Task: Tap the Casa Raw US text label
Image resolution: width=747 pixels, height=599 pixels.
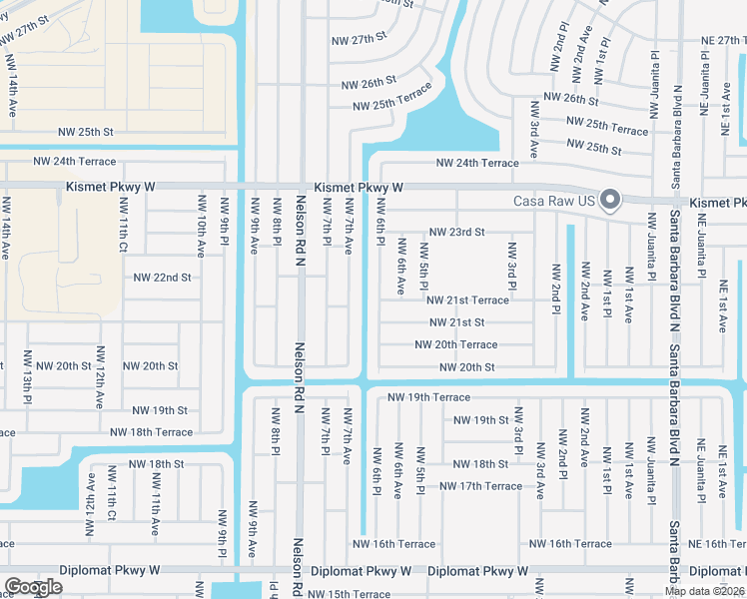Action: point(554,201)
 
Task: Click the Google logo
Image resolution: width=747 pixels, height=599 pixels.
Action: point(33,587)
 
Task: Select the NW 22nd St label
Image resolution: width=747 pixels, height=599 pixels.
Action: point(162,278)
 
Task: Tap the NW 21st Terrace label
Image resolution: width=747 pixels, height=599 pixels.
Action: point(467,299)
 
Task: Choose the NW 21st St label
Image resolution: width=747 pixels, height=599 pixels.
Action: point(456,322)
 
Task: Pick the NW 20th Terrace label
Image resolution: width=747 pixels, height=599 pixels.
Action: point(456,344)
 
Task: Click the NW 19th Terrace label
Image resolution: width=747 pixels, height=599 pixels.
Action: point(428,396)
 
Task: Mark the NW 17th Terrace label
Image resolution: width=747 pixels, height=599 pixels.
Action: point(480,486)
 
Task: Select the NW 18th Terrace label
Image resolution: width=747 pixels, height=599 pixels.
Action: point(151,432)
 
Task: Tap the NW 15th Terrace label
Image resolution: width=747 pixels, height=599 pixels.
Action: point(349,594)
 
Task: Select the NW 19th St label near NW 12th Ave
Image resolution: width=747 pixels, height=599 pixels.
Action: point(160,410)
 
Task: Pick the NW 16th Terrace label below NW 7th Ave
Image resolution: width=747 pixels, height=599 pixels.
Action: point(393,544)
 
